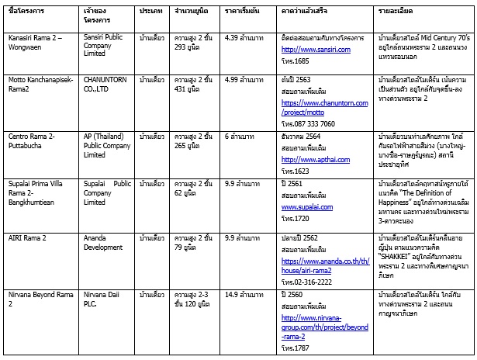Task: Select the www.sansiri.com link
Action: (x=316, y=49)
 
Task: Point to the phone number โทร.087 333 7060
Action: (x=308, y=123)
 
